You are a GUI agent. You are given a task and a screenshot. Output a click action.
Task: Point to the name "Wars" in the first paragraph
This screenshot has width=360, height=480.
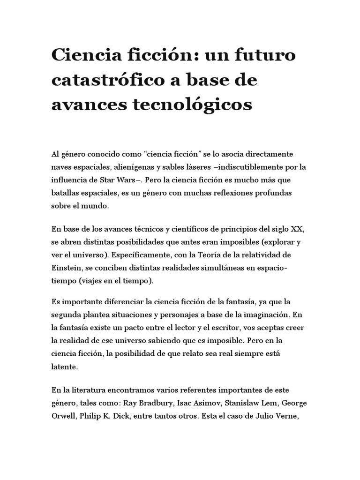click(x=135, y=180)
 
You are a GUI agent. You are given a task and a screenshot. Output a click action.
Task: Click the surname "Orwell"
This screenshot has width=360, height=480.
click(x=65, y=416)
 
